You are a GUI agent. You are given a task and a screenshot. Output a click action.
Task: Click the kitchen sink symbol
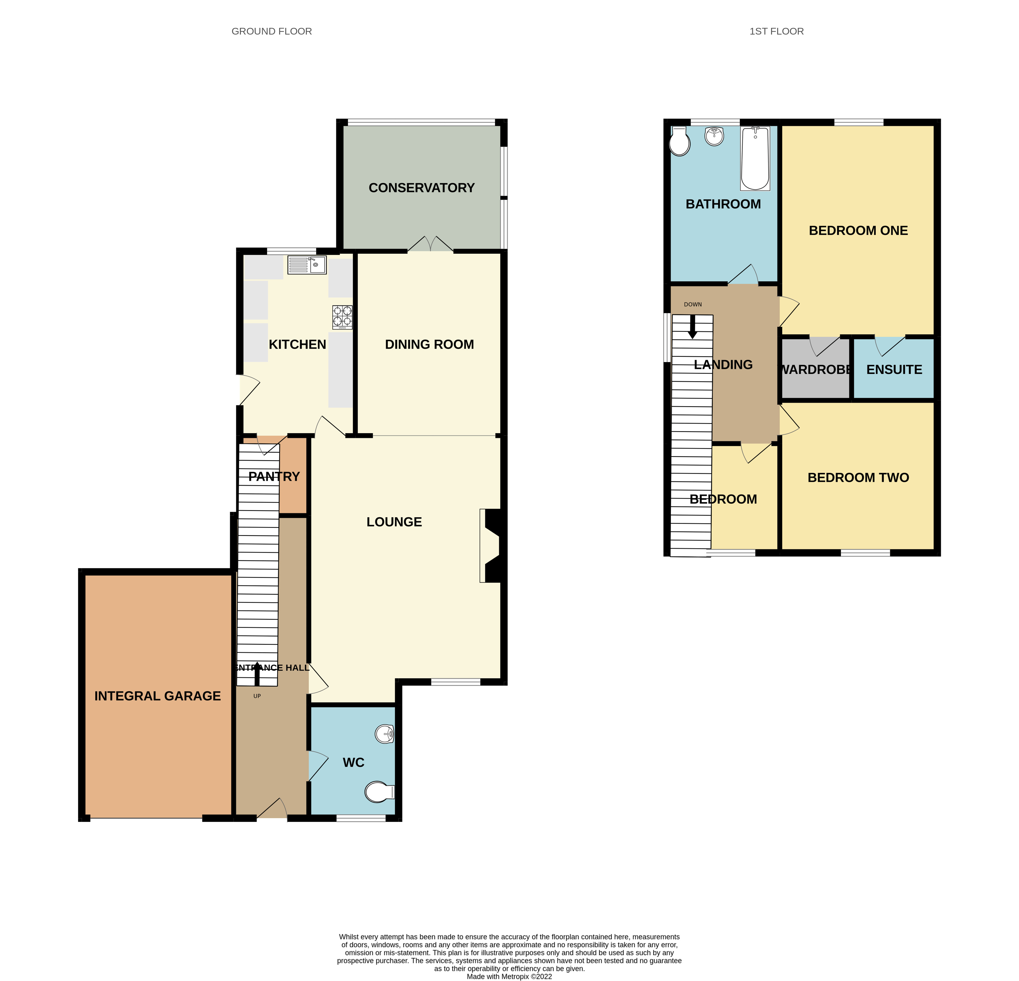click(307, 265)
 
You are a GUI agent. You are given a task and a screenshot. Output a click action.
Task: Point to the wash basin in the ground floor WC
click(385, 734)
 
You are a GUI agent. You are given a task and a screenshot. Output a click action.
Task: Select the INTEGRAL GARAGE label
click(157, 696)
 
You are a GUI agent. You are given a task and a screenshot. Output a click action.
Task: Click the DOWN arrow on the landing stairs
click(692, 327)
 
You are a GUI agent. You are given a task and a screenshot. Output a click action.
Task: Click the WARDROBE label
click(815, 369)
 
